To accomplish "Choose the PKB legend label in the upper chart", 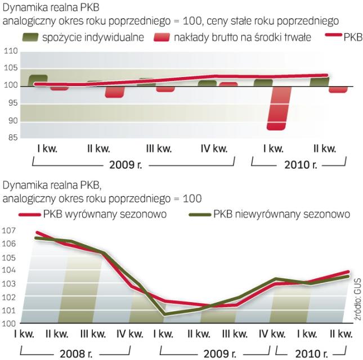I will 352,38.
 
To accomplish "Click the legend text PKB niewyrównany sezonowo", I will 281,214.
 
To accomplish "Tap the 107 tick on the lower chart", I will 8,231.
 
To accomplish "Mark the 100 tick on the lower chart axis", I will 8,324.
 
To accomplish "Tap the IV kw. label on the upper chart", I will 214,149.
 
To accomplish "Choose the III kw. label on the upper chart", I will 159,149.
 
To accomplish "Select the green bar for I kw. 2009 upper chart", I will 38,80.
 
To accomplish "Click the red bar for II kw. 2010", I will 338,89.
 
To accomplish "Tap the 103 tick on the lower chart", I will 8,284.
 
